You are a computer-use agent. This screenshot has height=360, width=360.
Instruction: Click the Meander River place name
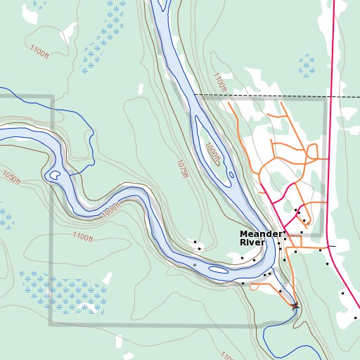tap(261, 238)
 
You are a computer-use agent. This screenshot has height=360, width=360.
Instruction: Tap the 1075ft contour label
tap(182, 169)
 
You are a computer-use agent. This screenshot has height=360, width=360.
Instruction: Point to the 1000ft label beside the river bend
tap(111, 209)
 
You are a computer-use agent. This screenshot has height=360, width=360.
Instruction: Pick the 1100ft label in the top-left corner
tap(39, 52)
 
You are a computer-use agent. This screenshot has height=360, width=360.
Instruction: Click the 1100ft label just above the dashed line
tap(220, 82)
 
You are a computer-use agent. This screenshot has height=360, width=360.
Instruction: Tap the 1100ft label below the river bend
tap(82, 238)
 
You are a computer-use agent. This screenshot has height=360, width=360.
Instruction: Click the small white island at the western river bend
tap(53, 175)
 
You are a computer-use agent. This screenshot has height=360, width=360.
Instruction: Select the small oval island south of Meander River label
tap(219, 269)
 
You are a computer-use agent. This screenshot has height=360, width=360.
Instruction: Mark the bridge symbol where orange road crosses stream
tap(295, 305)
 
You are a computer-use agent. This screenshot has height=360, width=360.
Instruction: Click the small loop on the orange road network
tap(312, 151)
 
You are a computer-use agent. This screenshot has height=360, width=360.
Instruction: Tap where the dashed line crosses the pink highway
tap(330, 96)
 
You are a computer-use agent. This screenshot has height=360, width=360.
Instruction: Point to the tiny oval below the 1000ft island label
tap(231, 175)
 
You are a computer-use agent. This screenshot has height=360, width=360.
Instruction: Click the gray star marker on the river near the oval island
tap(195, 264)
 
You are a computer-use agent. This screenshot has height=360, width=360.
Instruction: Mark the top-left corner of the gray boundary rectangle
tap(51, 97)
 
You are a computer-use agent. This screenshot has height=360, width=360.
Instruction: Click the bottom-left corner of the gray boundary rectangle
tap(50, 325)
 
